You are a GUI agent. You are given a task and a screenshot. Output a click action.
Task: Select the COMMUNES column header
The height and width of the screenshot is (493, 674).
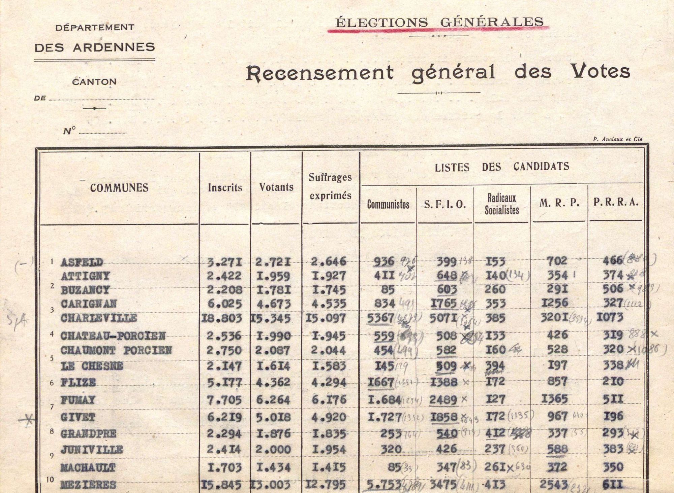(x=119, y=188)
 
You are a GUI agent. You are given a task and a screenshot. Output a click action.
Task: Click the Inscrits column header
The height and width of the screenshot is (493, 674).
(x=225, y=187)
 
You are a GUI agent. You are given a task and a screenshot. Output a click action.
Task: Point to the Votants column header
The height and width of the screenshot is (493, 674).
(x=276, y=187)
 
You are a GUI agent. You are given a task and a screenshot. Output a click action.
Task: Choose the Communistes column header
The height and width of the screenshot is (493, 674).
(x=388, y=204)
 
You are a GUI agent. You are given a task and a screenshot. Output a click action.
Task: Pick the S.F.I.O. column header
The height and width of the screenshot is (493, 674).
(x=445, y=204)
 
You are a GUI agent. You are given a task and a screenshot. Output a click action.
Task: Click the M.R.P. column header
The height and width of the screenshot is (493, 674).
(x=559, y=203)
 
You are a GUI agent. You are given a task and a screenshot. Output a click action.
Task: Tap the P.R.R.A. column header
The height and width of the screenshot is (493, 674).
(x=616, y=202)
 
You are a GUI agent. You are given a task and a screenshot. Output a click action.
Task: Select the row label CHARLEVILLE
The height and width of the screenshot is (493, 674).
(x=99, y=318)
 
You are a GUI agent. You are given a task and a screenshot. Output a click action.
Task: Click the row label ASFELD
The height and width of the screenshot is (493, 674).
(x=82, y=262)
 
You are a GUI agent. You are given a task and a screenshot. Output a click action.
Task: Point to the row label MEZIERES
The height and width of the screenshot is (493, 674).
(x=88, y=485)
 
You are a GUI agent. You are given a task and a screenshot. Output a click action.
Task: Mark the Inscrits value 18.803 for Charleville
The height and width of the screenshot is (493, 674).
(x=222, y=318)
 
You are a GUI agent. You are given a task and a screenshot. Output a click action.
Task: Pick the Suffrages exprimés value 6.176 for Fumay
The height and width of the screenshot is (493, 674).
(x=329, y=400)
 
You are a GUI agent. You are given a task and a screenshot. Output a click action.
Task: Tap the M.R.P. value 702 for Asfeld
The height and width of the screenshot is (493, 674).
(x=557, y=261)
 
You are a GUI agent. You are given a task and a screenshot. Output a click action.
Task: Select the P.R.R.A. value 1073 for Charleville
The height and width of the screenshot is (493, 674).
(x=610, y=317)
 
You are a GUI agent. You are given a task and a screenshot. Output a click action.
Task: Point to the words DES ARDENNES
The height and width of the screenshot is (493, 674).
(x=95, y=47)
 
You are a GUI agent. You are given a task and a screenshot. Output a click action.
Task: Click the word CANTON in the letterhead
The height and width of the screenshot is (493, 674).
(x=94, y=82)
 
